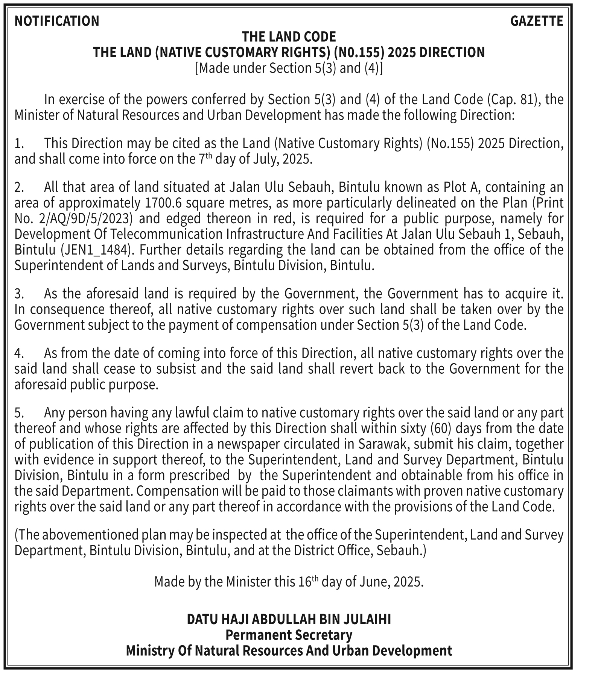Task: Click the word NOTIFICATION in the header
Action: [x=57, y=21]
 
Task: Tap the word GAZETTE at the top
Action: [x=536, y=21]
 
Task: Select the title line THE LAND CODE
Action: [x=289, y=37]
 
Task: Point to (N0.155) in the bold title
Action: [x=359, y=52]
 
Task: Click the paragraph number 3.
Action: [x=19, y=294]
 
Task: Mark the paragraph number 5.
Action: [x=19, y=413]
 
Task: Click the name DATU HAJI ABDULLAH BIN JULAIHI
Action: [x=289, y=619]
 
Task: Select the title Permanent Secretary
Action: [x=289, y=635]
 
